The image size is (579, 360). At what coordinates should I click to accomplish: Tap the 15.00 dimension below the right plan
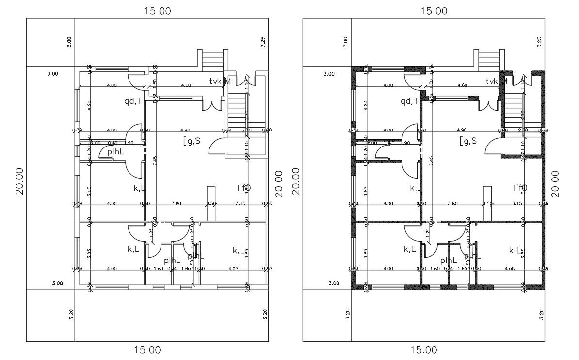423,350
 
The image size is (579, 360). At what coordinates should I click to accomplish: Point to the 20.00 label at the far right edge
555,183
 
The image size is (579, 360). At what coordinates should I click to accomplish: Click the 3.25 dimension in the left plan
263,42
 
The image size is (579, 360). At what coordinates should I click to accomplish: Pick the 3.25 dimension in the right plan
539,42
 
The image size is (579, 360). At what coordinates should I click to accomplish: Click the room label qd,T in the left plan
133,101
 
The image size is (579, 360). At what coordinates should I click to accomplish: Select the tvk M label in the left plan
220,82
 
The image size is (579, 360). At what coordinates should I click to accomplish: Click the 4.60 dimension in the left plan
185,85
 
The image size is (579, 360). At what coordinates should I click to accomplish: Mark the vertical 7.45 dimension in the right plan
431,161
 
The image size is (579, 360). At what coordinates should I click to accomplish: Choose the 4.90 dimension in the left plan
185,130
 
